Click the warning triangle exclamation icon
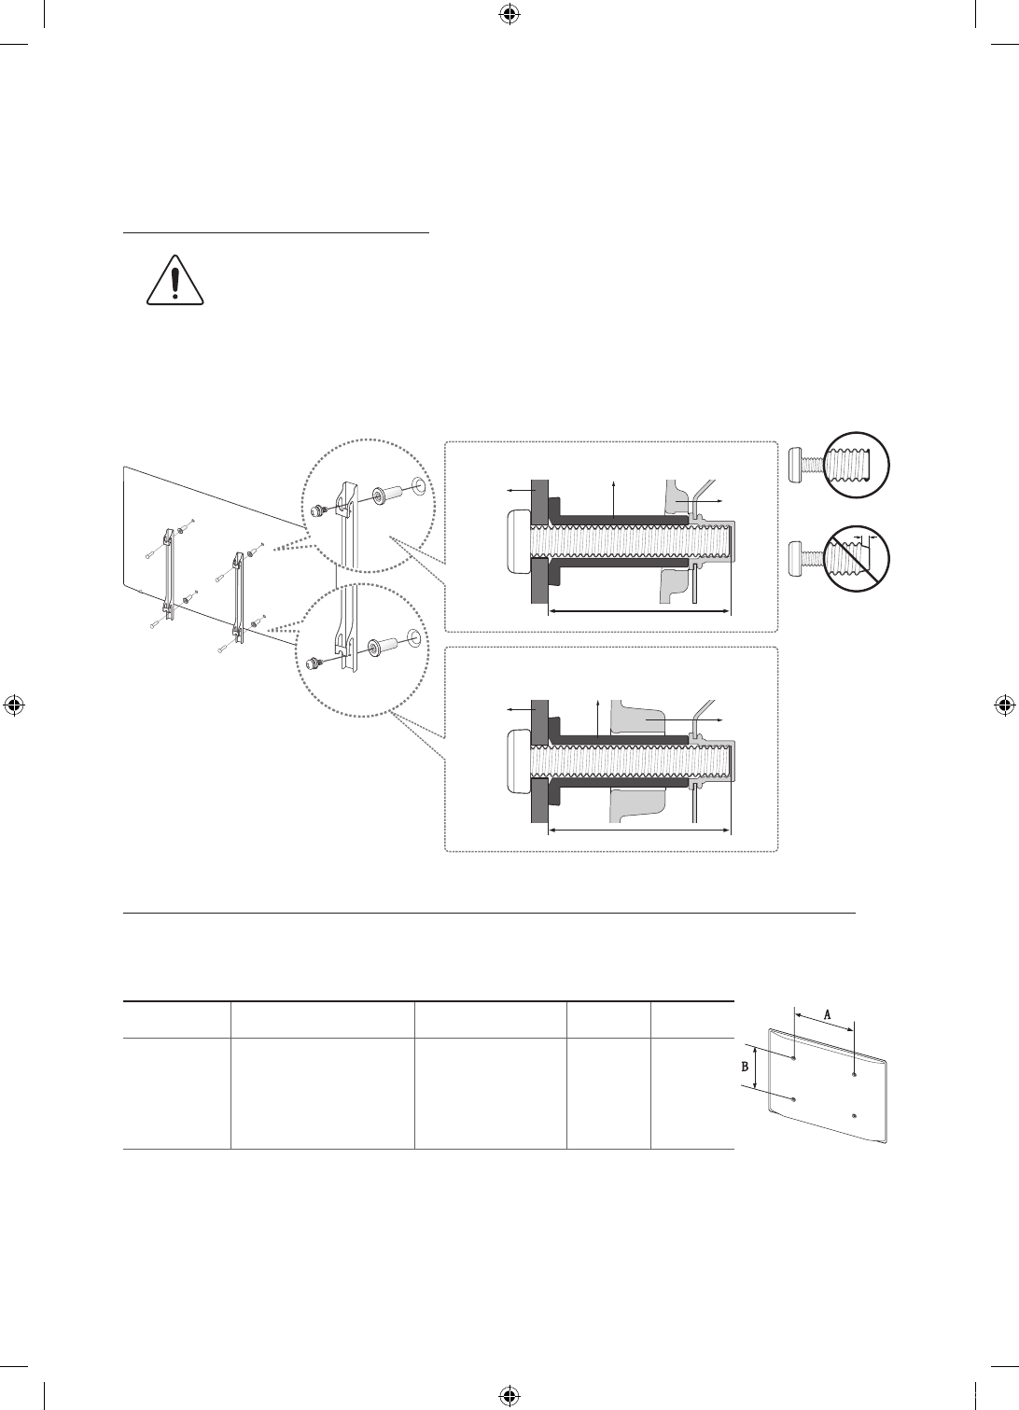175,280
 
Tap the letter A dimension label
827,1014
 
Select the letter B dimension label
745,1067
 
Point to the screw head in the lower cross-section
518,762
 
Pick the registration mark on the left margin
14,705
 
